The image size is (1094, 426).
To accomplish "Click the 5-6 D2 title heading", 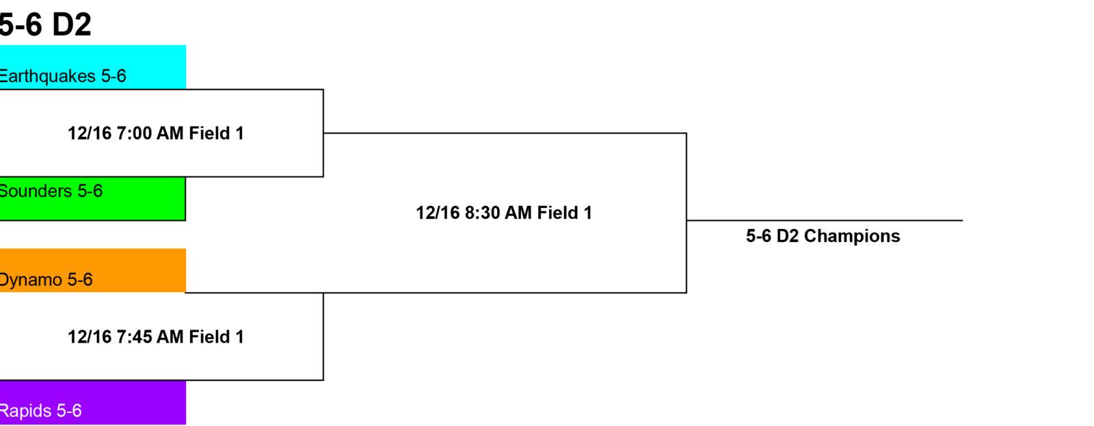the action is (x=45, y=25).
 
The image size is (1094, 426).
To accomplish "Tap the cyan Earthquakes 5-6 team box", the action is (x=93, y=67).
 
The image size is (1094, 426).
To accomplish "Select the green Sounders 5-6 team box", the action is (x=93, y=199).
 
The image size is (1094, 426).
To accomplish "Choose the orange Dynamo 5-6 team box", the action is (x=93, y=271).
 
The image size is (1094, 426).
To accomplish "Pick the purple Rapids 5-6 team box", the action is (x=93, y=403).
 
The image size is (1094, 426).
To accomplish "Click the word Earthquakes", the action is (x=47, y=76).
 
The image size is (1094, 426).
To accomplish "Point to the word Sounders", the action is (x=36, y=191).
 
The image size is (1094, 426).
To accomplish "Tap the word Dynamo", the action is (x=31, y=280).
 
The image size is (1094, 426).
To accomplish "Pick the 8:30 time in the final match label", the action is (x=482, y=213).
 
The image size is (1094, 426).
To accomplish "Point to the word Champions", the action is (x=852, y=236).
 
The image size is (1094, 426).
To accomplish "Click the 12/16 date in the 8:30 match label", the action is (x=438, y=213).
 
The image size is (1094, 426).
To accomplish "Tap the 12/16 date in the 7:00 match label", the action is (x=90, y=133).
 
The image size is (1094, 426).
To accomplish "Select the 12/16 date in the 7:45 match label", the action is (x=90, y=337).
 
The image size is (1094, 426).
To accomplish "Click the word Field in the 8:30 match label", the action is (x=555, y=213).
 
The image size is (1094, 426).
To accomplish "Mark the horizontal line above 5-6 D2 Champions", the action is (x=825, y=220).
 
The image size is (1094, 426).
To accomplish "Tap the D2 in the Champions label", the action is (x=787, y=236).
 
